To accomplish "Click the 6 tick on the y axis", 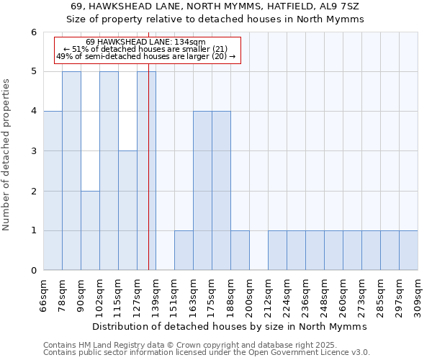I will point(34,32).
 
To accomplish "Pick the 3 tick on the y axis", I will point(34,151).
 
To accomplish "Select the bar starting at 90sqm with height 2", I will point(90,230).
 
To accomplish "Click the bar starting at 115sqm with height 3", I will point(127,210).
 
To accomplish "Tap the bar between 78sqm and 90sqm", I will point(71,171).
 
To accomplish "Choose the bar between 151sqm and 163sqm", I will point(184,251).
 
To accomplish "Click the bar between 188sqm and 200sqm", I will point(240,251).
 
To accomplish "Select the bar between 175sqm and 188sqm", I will point(221,191).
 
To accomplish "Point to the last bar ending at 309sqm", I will point(408,251).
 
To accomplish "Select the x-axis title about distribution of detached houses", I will point(230,326).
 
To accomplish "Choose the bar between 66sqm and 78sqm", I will point(53,191).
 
